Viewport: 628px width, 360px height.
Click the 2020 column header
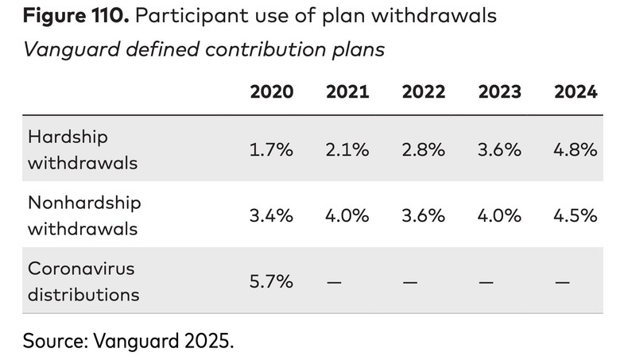pyautogui.click(x=271, y=91)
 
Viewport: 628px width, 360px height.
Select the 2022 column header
pyautogui.click(x=423, y=91)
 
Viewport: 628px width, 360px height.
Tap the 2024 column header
pyautogui.click(x=576, y=91)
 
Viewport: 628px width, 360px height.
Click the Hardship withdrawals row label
pyautogui.click(x=83, y=149)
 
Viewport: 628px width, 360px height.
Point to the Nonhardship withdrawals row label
pyautogui.click(x=84, y=215)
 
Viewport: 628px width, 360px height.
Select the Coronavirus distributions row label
pyautogui.click(x=83, y=281)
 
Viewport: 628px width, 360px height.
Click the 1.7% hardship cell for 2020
pyautogui.click(x=271, y=149)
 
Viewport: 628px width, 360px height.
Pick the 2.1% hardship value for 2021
pyautogui.click(x=347, y=149)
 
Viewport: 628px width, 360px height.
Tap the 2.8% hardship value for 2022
pyautogui.click(x=423, y=149)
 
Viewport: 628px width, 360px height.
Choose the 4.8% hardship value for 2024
pyautogui.click(x=576, y=149)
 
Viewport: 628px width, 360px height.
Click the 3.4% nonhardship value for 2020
pyautogui.click(x=271, y=215)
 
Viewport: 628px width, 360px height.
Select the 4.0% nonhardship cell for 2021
pyautogui.click(x=347, y=215)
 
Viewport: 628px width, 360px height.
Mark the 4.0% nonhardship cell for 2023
pyautogui.click(x=499, y=215)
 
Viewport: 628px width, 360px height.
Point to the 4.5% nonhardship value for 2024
pyautogui.click(x=576, y=215)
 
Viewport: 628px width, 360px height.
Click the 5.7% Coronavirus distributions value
pyautogui.click(x=271, y=281)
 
